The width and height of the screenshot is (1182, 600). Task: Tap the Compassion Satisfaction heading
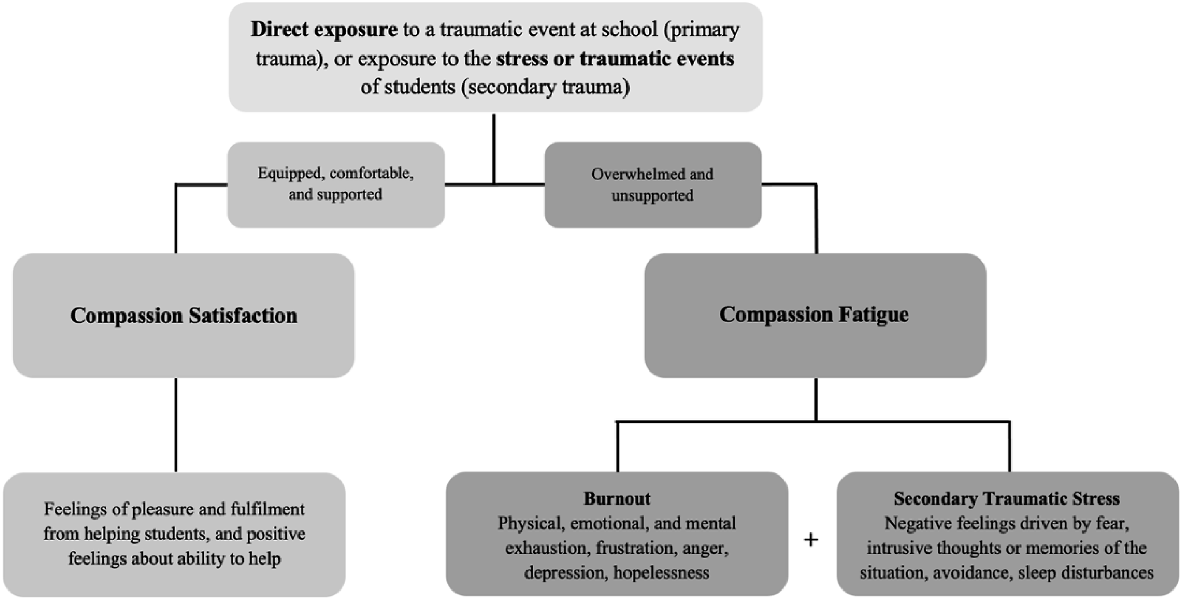tap(184, 316)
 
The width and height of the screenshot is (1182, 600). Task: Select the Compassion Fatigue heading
tap(814, 315)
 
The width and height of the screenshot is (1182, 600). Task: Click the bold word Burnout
tap(617, 498)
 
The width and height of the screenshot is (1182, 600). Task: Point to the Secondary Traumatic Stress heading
tap(1007, 498)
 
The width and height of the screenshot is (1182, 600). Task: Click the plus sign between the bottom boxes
tap(811, 540)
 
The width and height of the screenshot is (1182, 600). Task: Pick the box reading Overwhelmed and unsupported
tap(653, 185)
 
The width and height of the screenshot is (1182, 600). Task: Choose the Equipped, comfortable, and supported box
tap(336, 185)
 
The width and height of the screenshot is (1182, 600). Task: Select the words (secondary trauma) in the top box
tap(546, 87)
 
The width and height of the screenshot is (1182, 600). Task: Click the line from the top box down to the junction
tap(494, 149)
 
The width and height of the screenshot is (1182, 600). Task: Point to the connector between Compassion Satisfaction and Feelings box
tap(176, 424)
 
